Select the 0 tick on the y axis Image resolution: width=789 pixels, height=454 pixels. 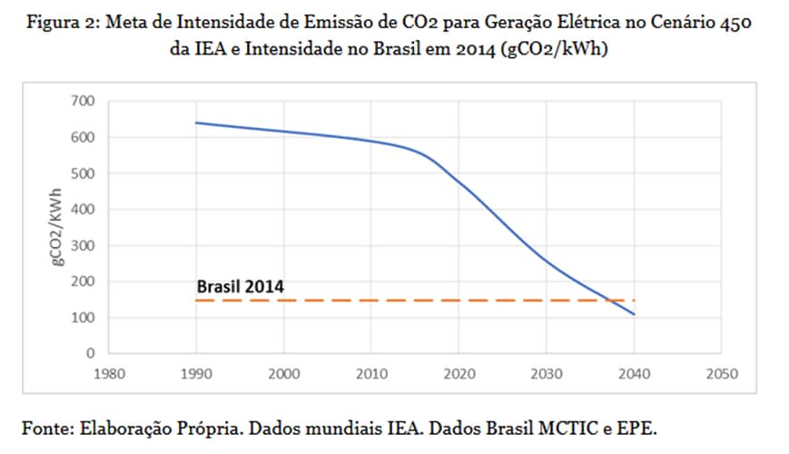coord(90,353)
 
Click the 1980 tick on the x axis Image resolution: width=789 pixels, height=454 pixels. coord(109,373)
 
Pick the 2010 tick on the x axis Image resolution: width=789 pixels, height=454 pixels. coord(371,373)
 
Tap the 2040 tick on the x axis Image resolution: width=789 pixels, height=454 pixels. coord(635,373)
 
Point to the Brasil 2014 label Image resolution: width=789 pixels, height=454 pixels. coord(240,286)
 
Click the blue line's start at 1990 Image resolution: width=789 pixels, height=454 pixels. coord(197,123)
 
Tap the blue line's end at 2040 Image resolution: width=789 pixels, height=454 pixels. coord(635,314)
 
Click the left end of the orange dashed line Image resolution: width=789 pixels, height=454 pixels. coord(198,300)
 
